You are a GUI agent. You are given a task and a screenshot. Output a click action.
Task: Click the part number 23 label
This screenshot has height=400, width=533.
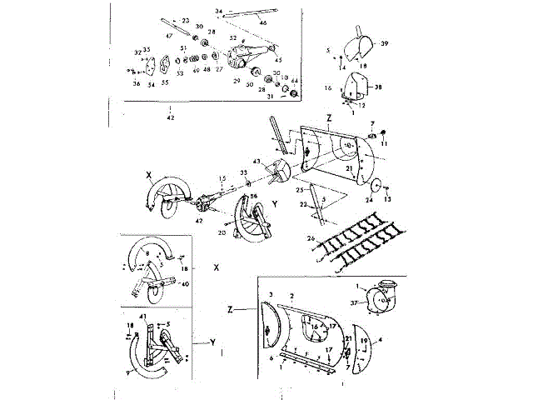(x=186, y=20)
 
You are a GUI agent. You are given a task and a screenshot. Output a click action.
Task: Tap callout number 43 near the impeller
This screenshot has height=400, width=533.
(x=257, y=161)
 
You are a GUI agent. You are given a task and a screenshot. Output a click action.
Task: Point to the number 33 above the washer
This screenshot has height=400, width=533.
(x=244, y=172)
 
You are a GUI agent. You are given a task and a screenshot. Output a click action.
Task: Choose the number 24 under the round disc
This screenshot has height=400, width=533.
(x=369, y=200)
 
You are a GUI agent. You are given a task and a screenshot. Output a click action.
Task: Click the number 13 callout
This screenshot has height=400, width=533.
(x=387, y=200)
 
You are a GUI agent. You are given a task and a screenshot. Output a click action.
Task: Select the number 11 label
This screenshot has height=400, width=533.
(x=386, y=143)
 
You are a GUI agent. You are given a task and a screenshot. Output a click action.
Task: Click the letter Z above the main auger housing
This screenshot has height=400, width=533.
(x=329, y=119)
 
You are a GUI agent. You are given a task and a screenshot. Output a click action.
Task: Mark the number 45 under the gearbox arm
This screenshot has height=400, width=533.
(x=279, y=60)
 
